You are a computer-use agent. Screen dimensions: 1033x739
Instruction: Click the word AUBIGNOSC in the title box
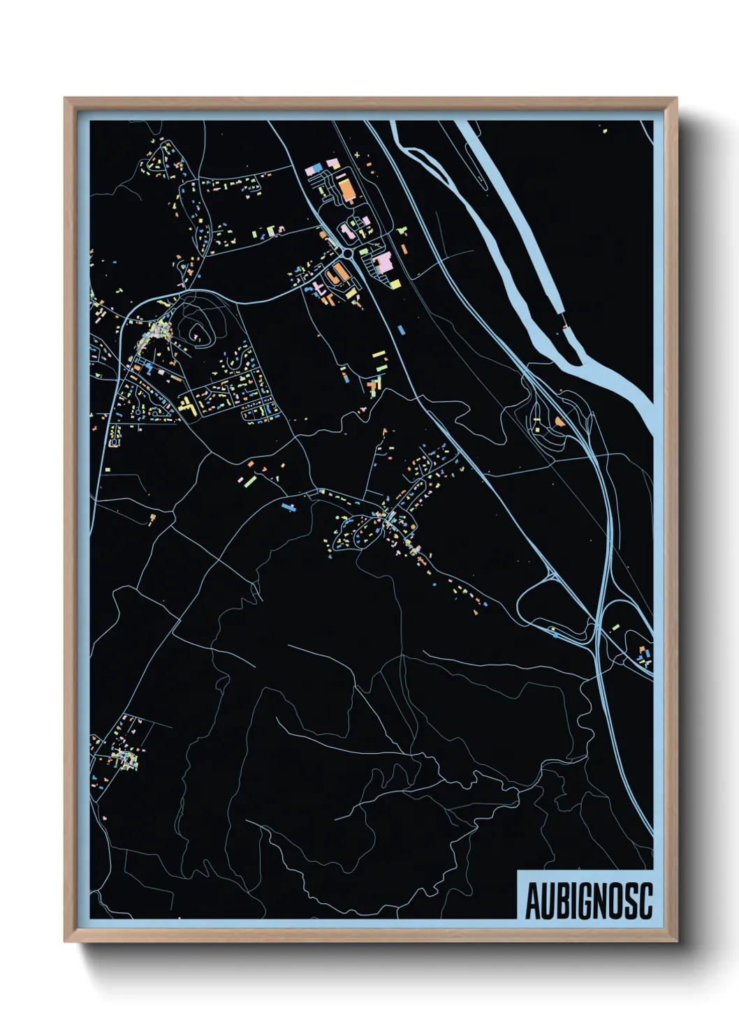tap(587, 901)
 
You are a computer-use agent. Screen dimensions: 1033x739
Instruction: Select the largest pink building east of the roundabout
tap(382, 264)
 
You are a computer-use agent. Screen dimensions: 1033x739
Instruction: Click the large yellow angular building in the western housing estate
tap(186, 406)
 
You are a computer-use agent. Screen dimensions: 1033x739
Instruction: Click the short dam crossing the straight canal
tap(564, 325)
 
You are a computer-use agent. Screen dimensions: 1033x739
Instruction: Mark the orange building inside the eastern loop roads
tap(559, 422)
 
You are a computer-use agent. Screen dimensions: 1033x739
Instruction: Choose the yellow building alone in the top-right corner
tap(604, 130)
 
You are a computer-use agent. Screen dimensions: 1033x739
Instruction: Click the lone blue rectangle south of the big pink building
tap(401, 328)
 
